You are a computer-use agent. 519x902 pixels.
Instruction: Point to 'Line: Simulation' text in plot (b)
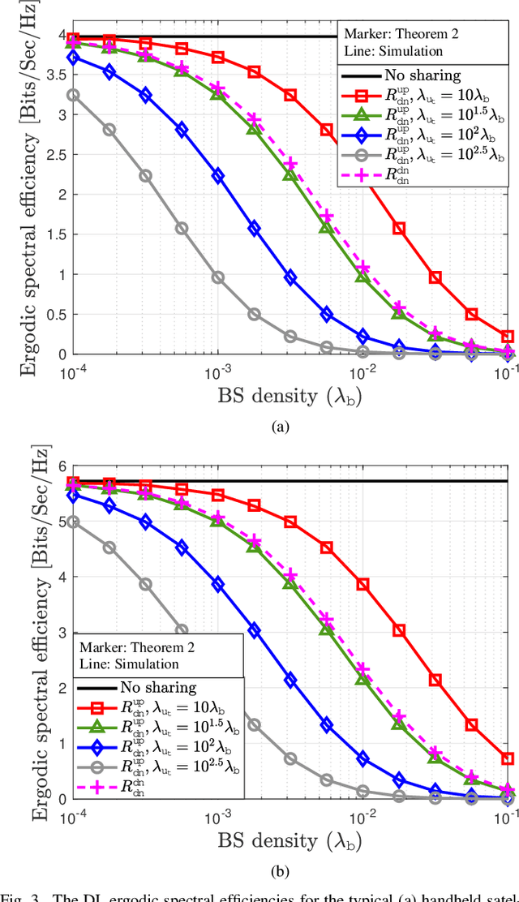pyautogui.click(x=129, y=664)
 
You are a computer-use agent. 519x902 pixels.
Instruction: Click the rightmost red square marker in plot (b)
pyautogui.click(x=508, y=759)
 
